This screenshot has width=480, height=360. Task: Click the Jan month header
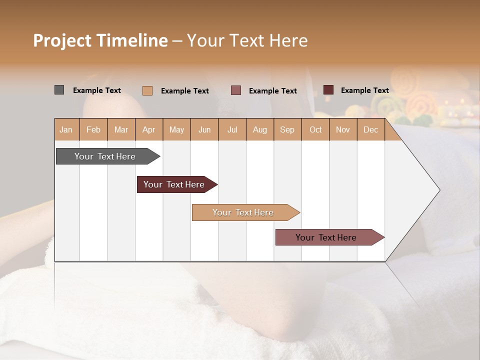point(66,129)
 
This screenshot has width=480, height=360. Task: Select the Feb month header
point(93,129)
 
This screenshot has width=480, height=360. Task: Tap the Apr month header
point(149,129)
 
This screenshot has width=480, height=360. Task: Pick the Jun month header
point(204,129)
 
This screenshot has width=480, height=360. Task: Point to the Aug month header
point(260,129)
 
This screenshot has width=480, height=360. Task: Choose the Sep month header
point(287,129)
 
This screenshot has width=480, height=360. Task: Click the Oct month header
point(315,129)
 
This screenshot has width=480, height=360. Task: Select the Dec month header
point(371,129)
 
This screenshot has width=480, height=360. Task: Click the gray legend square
point(59,90)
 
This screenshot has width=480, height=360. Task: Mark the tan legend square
point(147,90)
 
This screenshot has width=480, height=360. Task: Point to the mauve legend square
point(236,90)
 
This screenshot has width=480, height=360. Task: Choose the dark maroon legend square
point(328,90)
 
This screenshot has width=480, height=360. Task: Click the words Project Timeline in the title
point(100,40)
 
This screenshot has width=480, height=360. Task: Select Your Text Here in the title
point(247,40)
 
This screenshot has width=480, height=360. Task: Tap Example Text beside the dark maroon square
point(364,90)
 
